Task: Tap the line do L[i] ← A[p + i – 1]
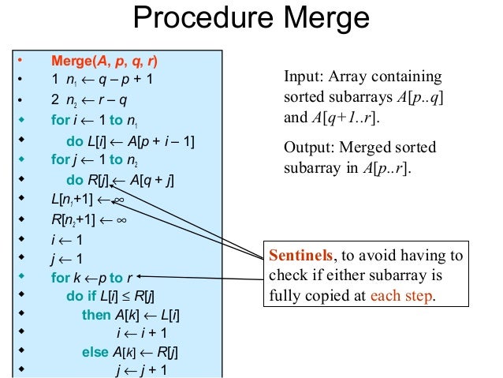(130, 141)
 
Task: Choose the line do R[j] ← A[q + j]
(120, 181)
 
